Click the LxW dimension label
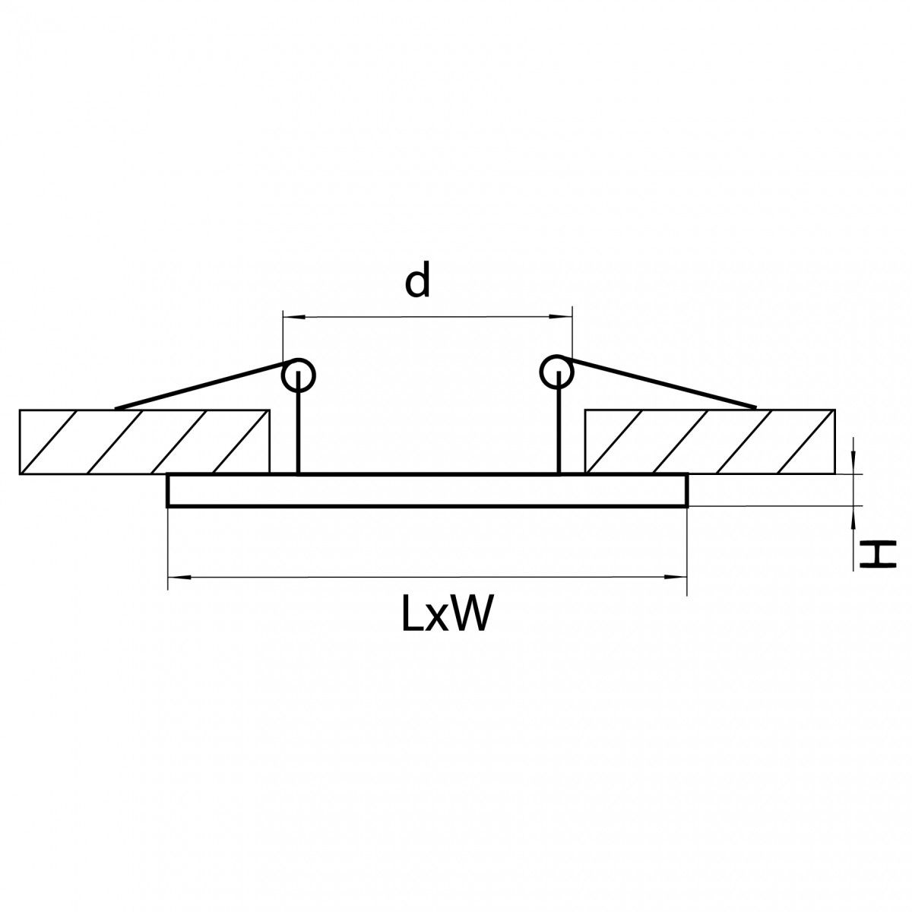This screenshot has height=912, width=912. [444, 613]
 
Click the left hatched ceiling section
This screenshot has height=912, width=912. [145, 442]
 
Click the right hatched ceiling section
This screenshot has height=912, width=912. [710, 441]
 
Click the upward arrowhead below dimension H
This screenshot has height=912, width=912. [853, 517]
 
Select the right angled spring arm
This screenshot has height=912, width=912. [660, 382]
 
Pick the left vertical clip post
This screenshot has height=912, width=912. [298, 422]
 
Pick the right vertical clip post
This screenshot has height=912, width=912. [559, 422]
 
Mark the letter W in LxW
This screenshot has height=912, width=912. [467, 613]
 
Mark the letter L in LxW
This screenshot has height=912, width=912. [412, 613]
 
